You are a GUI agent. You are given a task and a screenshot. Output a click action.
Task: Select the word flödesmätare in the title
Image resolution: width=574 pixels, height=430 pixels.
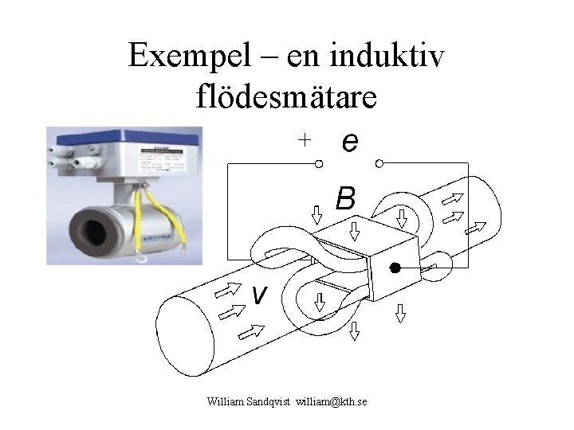(x=286, y=96)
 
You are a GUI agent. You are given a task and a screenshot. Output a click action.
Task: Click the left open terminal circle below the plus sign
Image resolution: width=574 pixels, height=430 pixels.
(x=317, y=164)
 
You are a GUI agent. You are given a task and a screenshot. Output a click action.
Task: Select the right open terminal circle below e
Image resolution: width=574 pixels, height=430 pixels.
(x=379, y=164)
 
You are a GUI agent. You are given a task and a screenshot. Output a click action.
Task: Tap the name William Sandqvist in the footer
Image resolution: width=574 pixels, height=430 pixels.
(x=246, y=403)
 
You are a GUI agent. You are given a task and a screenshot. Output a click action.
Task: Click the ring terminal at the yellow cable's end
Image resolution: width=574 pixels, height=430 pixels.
(x=143, y=257)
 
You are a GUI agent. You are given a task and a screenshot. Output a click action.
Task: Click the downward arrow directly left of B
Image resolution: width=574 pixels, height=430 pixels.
(x=316, y=213)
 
